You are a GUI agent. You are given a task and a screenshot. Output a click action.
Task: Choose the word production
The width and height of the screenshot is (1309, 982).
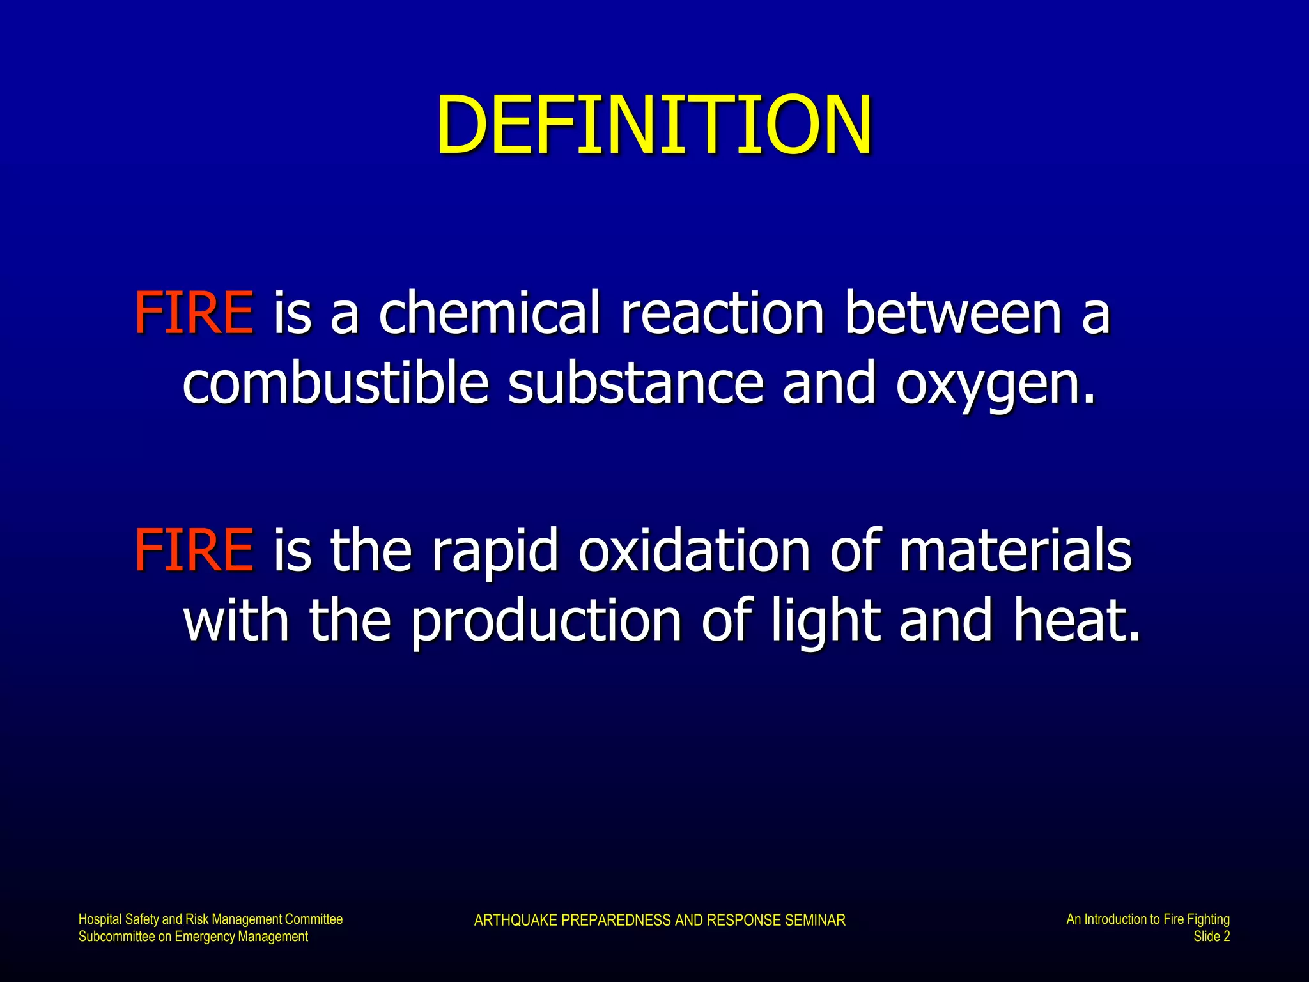(x=546, y=621)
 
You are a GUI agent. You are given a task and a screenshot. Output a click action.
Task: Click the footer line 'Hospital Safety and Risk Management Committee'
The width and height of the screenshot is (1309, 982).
(x=210, y=919)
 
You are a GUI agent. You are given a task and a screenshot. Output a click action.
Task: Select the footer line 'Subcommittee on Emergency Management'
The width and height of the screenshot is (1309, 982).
(x=193, y=937)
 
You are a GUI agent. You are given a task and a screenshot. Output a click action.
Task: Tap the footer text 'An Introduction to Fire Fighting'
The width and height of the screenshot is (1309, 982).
(x=1148, y=919)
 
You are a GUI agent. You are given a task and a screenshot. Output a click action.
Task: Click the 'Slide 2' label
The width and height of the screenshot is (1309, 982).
(x=1212, y=937)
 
